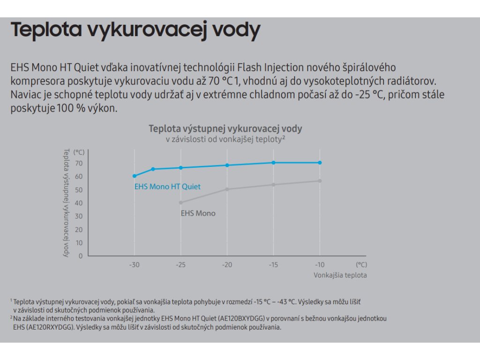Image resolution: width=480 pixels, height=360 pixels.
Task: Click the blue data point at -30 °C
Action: [x=135, y=176]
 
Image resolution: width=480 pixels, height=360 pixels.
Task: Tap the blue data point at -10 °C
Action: [x=320, y=163]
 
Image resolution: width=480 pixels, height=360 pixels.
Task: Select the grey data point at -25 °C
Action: [x=181, y=202]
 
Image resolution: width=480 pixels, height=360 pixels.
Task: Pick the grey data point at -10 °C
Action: [x=320, y=181]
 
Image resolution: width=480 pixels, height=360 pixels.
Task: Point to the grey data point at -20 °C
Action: [x=227, y=189]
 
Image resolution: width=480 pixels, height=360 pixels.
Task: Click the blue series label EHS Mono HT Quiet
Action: [x=167, y=187]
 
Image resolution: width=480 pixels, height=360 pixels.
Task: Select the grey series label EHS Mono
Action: [x=198, y=213]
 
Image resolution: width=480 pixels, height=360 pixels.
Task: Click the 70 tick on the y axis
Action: [x=78, y=164]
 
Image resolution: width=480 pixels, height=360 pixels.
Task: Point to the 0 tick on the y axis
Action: [x=81, y=256]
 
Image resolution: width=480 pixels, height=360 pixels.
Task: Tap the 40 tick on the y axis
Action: [x=78, y=203]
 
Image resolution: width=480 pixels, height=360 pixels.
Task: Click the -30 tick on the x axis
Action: [x=135, y=265]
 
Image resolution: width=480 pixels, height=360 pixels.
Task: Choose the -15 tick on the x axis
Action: [x=273, y=265]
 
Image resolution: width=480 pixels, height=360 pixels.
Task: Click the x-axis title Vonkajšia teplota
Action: [x=340, y=275]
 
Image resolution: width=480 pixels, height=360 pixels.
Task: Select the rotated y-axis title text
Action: [x=66, y=202]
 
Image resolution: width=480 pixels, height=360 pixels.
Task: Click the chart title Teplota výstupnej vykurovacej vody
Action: [x=225, y=128]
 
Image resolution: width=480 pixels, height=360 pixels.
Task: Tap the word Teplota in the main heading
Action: [x=45, y=30]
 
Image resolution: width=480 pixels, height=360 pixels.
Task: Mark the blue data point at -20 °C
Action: [x=227, y=165]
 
